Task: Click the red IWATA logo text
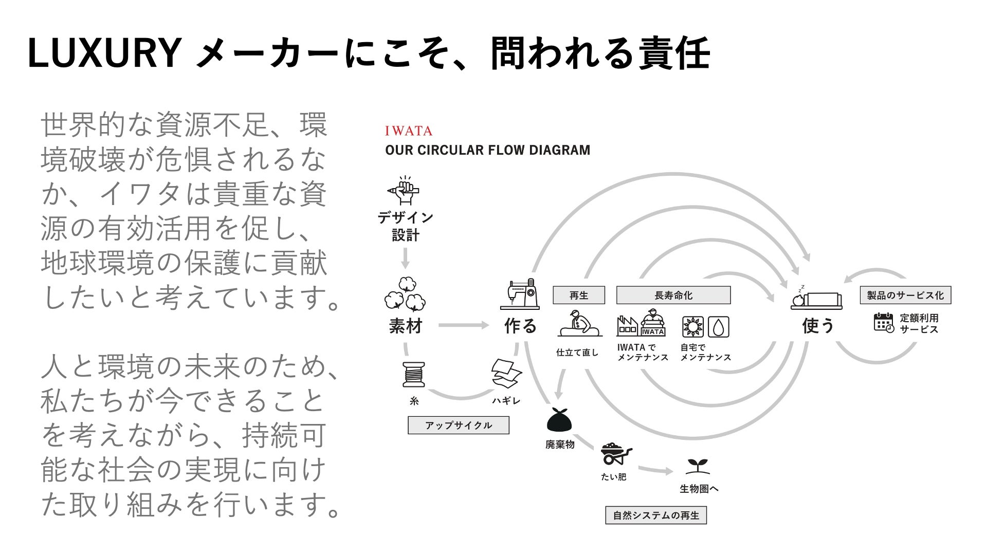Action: [x=409, y=131]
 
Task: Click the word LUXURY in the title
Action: [x=103, y=53]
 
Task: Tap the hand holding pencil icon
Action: [x=404, y=190]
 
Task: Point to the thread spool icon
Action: [x=414, y=374]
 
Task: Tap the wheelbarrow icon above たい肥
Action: [x=615, y=454]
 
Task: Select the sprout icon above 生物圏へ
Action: [x=698, y=466]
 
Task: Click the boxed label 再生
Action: [x=579, y=295]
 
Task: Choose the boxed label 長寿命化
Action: [x=673, y=295]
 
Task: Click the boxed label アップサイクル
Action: [x=459, y=425]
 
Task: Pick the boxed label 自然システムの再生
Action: [x=656, y=515]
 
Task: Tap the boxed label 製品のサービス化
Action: [x=905, y=295]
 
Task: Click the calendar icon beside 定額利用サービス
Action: [x=884, y=322]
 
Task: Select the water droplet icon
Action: [x=719, y=327]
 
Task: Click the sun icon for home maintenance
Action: [x=692, y=327]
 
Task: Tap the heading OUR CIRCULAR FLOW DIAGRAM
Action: [x=487, y=150]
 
